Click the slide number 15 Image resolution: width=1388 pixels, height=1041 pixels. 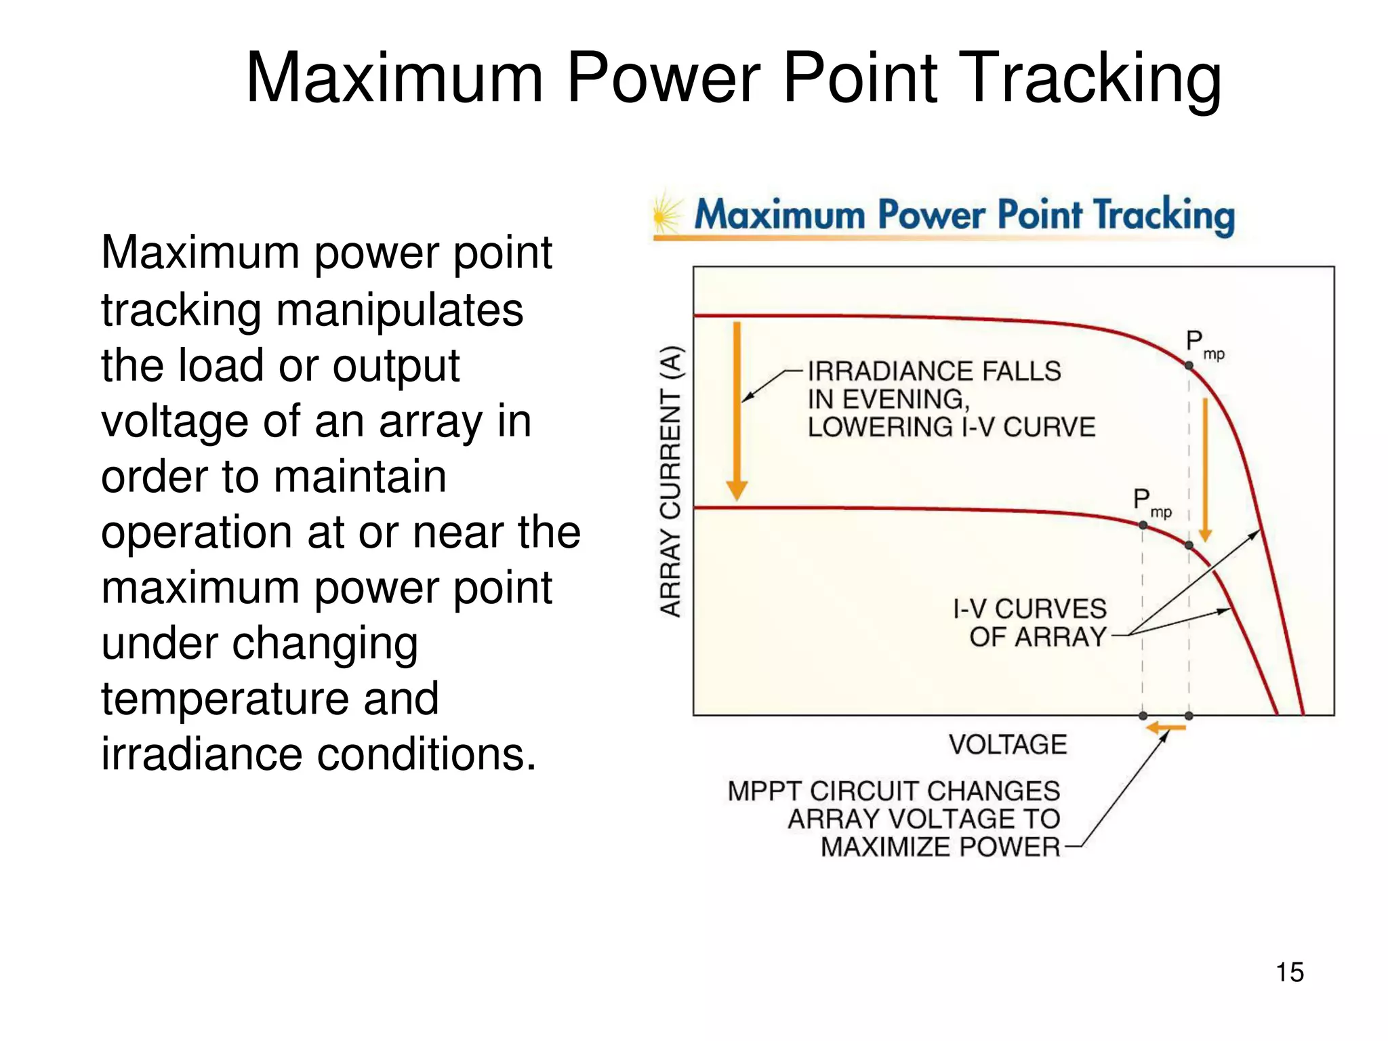pos(1289,972)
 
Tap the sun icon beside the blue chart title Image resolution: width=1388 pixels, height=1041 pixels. pos(666,216)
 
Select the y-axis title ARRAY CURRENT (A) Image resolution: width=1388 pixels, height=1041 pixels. pos(670,481)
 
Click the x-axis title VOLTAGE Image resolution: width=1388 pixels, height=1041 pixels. pos(1008,745)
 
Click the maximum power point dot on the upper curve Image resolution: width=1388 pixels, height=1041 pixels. pos(1189,365)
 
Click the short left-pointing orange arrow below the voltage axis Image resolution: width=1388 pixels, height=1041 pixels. pos(1166,728)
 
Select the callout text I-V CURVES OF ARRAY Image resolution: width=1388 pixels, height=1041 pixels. pos(1030,623)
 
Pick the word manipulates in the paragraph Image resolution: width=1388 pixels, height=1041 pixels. pos(399,310)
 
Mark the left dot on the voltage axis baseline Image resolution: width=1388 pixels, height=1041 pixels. pos(1143,716)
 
